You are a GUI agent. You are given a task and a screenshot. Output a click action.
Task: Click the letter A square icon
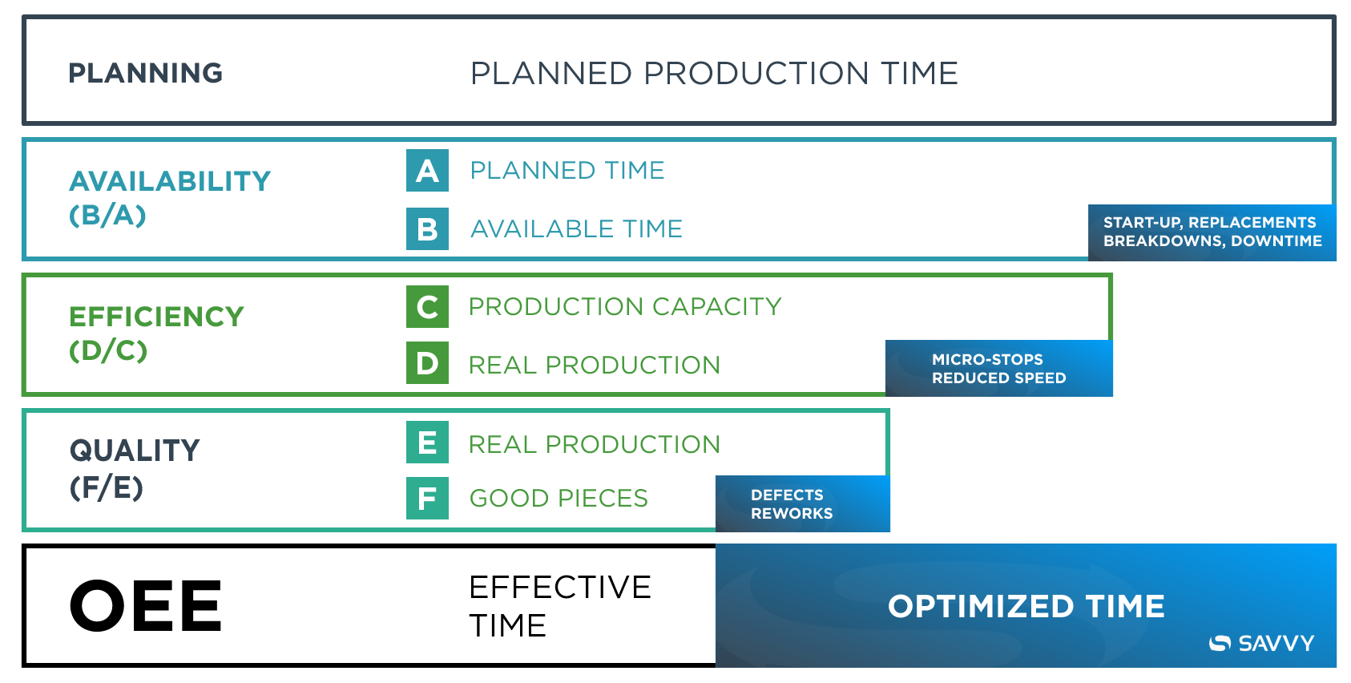click(427, 171)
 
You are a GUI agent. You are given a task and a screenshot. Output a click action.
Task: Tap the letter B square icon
click(427, 229)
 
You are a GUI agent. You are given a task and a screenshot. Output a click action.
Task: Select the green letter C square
click(427, 307)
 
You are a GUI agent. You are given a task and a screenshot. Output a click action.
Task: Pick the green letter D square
click(427, 363)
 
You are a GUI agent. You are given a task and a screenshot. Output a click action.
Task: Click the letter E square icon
click(427, 443)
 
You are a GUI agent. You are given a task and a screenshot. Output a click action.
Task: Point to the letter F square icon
click(427, 499)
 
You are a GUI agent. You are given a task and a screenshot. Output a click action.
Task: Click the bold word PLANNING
click(145, 73)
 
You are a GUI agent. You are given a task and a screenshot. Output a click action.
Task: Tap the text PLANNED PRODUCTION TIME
click(713, 73)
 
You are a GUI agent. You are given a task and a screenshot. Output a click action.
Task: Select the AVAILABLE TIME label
click(575, 229)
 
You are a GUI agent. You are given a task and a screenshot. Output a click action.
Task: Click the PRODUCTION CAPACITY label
click(624, 306)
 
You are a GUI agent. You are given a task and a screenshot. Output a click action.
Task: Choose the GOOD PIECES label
click(558, 499)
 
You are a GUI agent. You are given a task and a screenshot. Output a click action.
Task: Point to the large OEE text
click(145, 606)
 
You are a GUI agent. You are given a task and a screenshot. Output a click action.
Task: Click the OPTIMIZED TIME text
click(1025, 606)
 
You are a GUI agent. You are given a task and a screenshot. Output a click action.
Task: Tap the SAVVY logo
click(1261, 643)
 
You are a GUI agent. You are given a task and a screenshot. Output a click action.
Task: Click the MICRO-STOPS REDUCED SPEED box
click(998, 368)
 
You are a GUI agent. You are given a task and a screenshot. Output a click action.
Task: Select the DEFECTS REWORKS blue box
click(801, 504)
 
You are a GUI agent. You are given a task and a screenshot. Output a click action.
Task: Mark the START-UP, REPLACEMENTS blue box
click(1212, 232)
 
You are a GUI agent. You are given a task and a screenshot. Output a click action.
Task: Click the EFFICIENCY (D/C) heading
click(155, 333)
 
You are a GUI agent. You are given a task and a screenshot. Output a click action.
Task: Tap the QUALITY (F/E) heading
click(134, 468)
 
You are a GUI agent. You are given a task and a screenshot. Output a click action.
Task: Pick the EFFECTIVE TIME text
click(559, 606)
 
